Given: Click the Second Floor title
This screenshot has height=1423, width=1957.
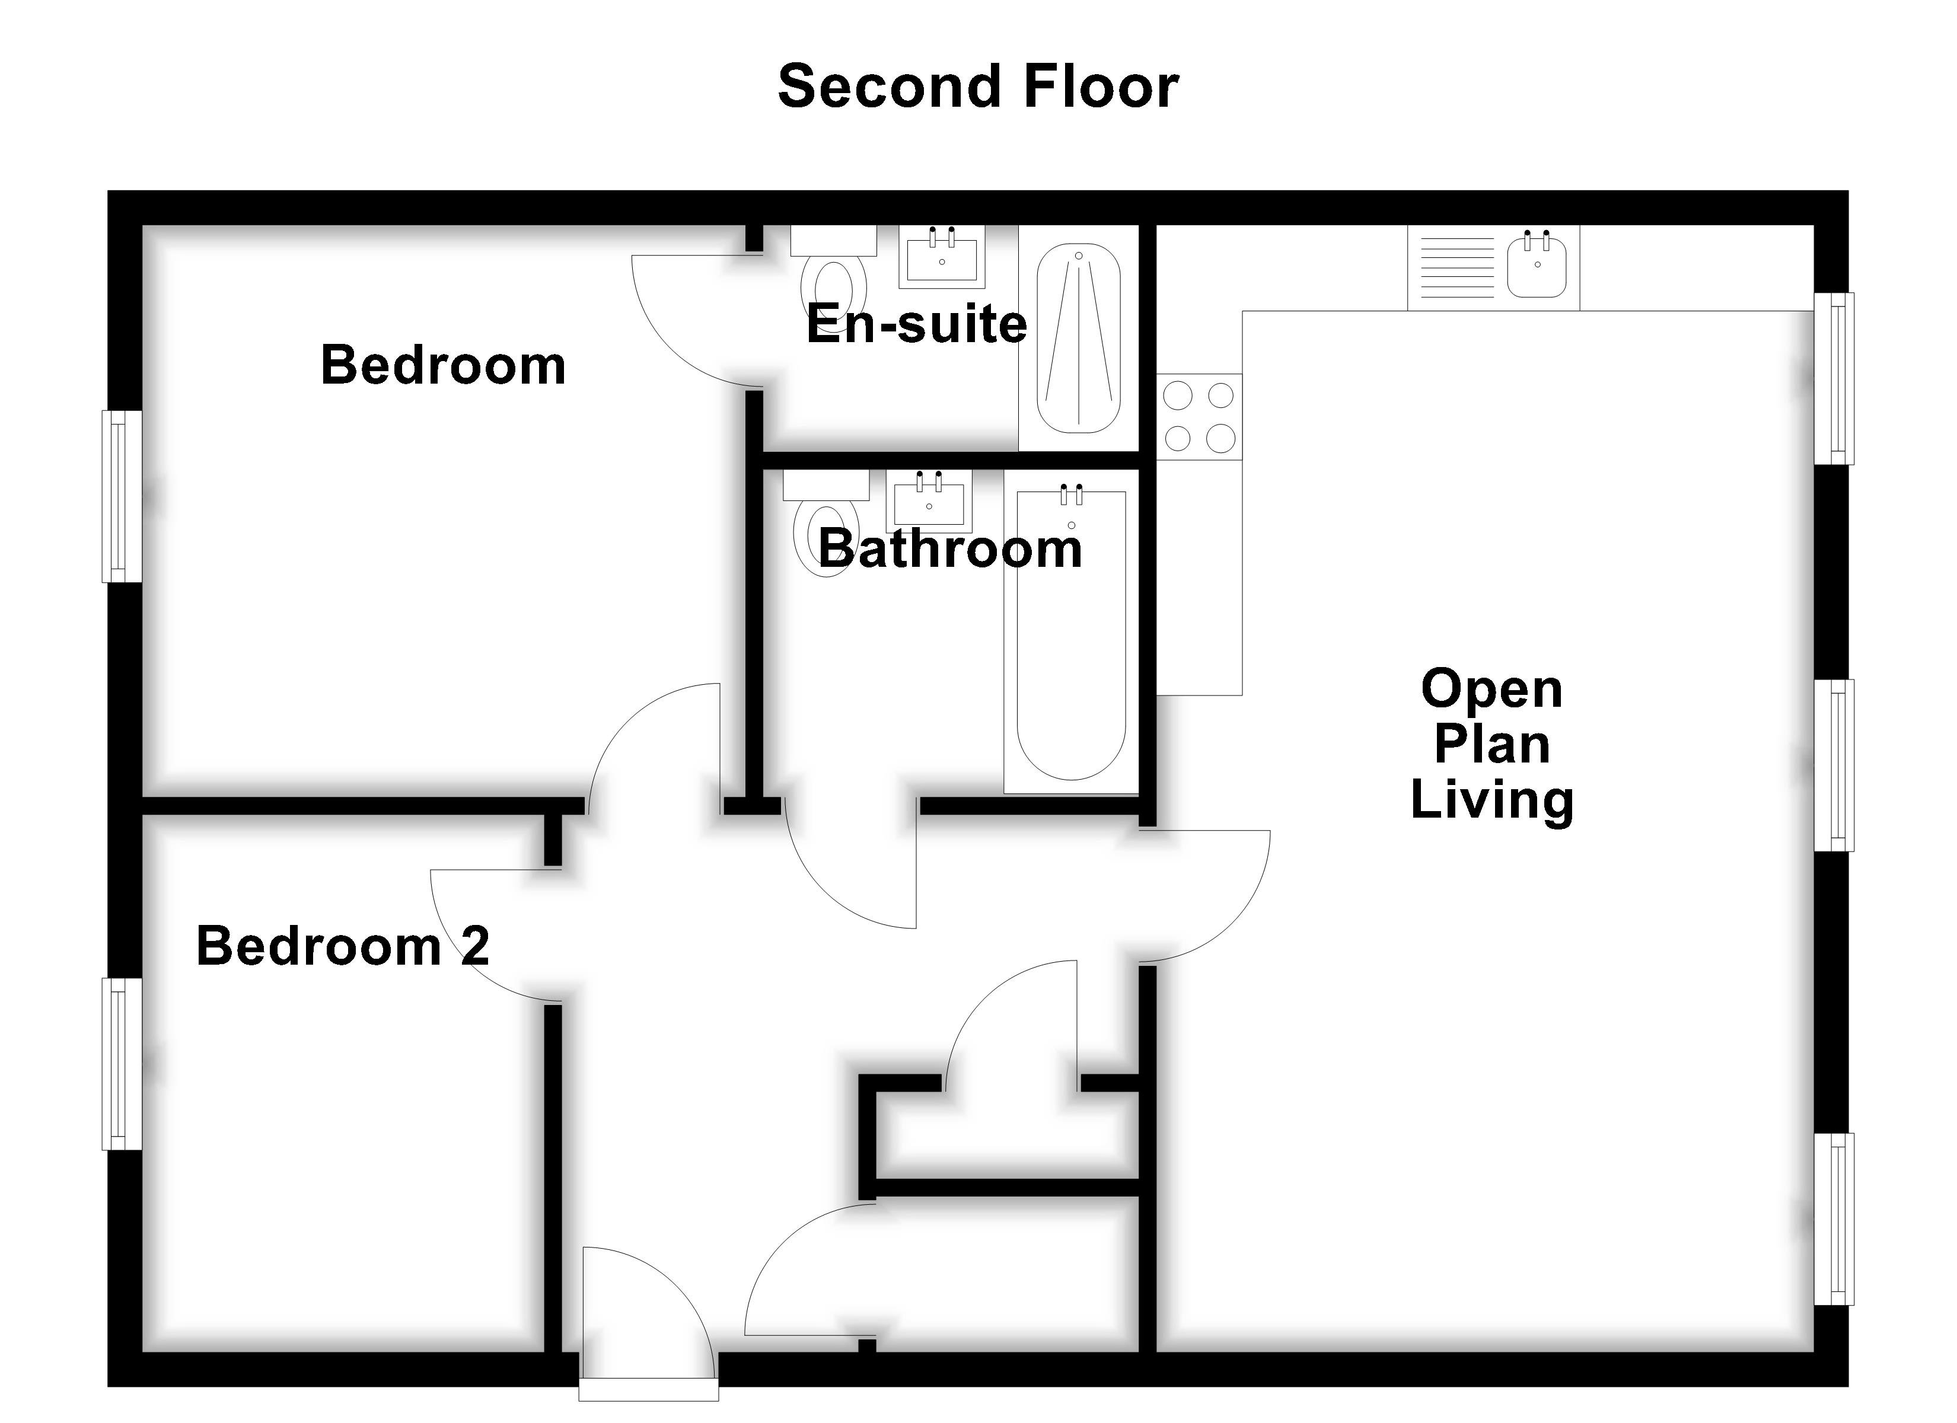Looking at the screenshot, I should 978,87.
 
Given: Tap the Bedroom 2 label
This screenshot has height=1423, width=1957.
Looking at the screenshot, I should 343,946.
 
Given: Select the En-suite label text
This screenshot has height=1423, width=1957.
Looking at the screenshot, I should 916,324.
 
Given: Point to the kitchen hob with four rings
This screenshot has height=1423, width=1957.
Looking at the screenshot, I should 1199,417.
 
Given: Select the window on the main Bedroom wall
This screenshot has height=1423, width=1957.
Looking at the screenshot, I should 122,496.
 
